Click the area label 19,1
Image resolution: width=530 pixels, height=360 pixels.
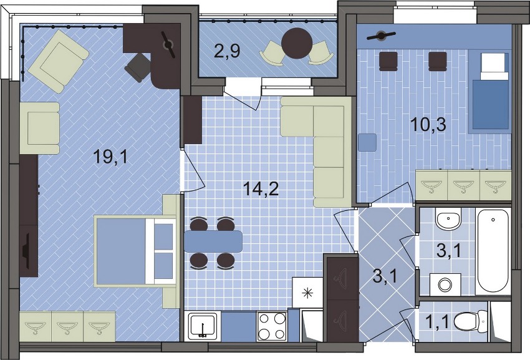coord(110,157)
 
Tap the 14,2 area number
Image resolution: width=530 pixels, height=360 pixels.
coord(261,189)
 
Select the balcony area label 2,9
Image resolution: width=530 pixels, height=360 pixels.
coord(227,51)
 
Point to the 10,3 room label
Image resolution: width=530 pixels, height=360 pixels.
coord(428,124)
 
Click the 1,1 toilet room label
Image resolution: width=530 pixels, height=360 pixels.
coord(436,322)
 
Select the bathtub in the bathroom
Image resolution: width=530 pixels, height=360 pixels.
coord(492,251)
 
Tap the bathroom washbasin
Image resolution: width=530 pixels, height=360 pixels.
coord(448,219)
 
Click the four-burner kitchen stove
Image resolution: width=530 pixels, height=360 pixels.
coord(272,326)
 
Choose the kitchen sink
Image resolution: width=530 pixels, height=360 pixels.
coord(203,326)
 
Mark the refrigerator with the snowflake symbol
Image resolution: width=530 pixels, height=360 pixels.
coord(307,293)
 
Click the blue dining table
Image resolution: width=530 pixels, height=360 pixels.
coord(213,241)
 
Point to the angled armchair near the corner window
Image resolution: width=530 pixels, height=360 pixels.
coord(59,61)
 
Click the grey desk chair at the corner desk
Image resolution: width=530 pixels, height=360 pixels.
coord(138,67)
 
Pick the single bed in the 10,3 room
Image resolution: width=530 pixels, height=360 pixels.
coord(490,91)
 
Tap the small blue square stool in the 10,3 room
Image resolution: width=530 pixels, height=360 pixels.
coord(367,142)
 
